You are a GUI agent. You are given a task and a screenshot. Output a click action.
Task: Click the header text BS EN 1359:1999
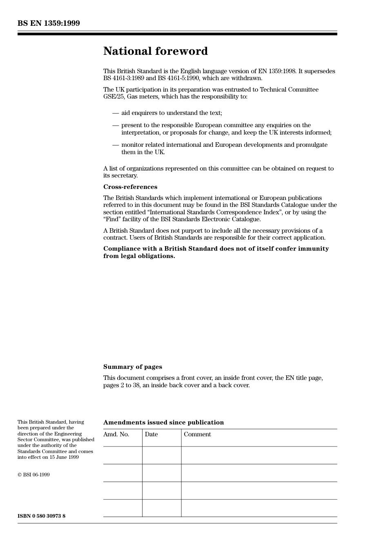tap(49, 23)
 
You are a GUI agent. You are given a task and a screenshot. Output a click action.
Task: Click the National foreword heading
tap(155, 51)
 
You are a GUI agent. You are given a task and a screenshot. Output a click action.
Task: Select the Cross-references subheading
tap(130, 187)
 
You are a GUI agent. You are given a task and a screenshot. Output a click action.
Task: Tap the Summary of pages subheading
tap(132, 367)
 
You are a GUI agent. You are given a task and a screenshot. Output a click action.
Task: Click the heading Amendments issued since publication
tap(163, 422)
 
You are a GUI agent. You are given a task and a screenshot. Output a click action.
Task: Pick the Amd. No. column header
tap(116, 434)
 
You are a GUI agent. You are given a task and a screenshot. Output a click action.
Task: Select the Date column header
tap(151, 434)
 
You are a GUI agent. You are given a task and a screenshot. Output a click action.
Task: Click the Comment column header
tap(197, 434)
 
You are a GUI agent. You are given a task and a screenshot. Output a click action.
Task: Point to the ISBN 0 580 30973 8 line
tap(41, 516)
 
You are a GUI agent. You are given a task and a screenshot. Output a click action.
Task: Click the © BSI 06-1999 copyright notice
tap(33, 475)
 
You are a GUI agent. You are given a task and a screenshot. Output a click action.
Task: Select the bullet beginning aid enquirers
tap(172, 113)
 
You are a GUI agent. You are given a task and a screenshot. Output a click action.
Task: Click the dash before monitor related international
tap(116, 145)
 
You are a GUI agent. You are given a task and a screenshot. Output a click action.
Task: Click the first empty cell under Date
tap(162, 455)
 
